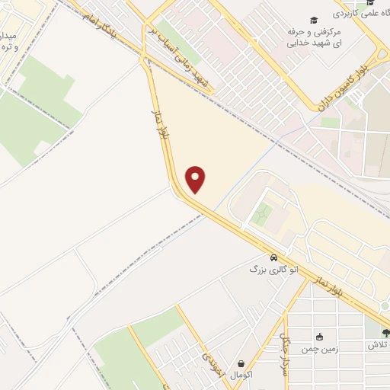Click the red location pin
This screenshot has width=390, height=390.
pos(197,179)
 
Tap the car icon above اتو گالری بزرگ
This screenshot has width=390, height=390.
pos(273,257)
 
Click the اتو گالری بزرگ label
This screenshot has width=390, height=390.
pos(271,269)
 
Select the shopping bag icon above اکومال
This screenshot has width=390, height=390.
pos(241,364)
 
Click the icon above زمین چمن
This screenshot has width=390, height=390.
pos(319,337)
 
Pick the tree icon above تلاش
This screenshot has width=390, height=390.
pos(385,333)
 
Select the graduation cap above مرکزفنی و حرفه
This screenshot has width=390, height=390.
pos(314,20)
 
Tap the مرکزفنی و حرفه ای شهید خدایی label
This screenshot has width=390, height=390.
pos(312,38)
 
